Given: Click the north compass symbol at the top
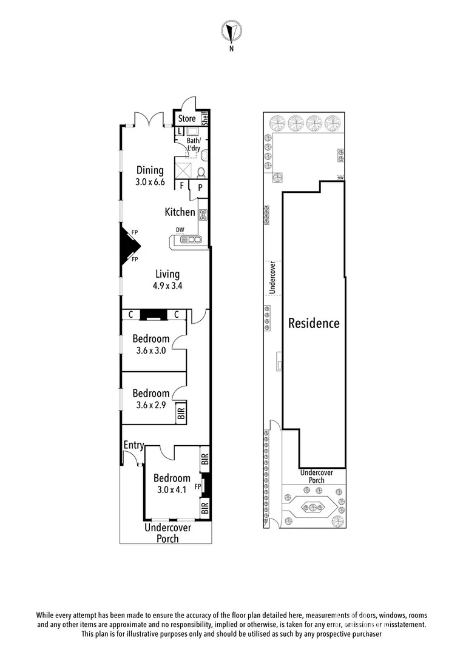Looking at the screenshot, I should coord(231,30).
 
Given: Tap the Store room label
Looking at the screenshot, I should coord(187,118).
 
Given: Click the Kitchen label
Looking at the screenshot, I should coord(180,212).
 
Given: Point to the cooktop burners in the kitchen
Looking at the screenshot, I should coord(203,214).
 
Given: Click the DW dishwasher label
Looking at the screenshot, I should coord(180,230).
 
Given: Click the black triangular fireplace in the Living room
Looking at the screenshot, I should coord(129,246).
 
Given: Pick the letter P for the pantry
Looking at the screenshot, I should coord(200,188).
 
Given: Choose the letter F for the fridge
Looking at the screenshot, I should coord(183,186).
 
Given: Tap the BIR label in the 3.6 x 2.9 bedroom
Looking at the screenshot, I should coord(181,414).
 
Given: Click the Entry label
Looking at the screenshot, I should coord(133,446).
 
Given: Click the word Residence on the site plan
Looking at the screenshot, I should coord(314,323).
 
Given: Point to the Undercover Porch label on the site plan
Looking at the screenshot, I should coord(313,476).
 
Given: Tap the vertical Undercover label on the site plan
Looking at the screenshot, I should coord(272,278).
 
